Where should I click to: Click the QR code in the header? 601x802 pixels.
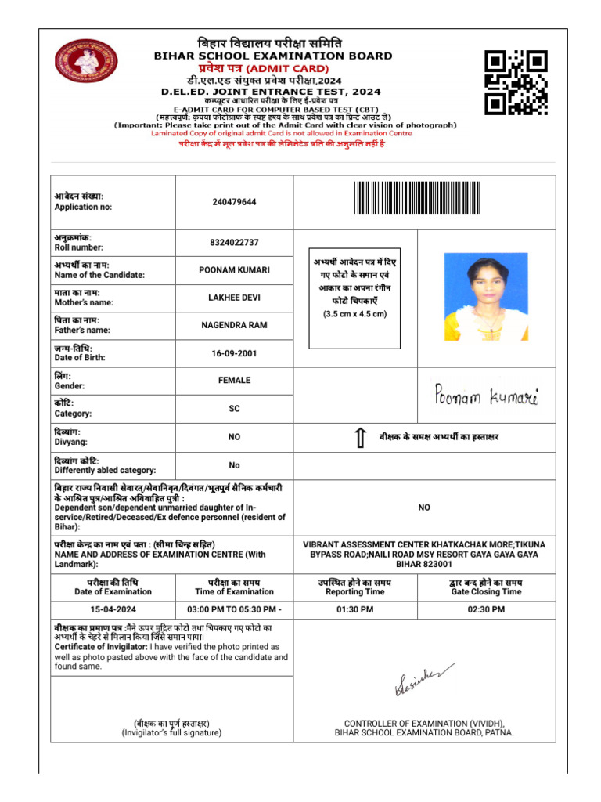pyautogui.click(x=515, y=82)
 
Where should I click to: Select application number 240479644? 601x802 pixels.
pyautogui.click(x=234, y=202)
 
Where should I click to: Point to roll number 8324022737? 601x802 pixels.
pyautogui.click(x=234, y=243)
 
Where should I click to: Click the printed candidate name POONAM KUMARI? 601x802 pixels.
pyautogui.click(x=234, y=270)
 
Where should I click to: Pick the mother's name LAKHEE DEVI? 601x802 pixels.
pyautogui.click(x=234, y=298)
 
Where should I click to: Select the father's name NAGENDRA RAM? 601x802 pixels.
pyautogui.click(x=234, y=325)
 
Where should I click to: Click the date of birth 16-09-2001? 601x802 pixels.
pyautogui.click(x=234, y=353)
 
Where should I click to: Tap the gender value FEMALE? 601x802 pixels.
pyautogui.click(x=234, y=381)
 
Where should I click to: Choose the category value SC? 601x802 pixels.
pyautogui.click(x=234, y=409)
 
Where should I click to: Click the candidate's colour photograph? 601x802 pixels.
pyautogui.click(x=485, y=297)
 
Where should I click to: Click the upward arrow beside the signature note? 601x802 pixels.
pyautogui.click(x=360, y=438)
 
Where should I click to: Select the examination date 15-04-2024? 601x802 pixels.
pyautogui.click(x=113, y=609)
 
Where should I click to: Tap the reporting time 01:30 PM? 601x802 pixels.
pyautogui.click(x=356, y=609)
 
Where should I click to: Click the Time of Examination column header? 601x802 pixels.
pyautogui.click(x=234, y=587)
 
